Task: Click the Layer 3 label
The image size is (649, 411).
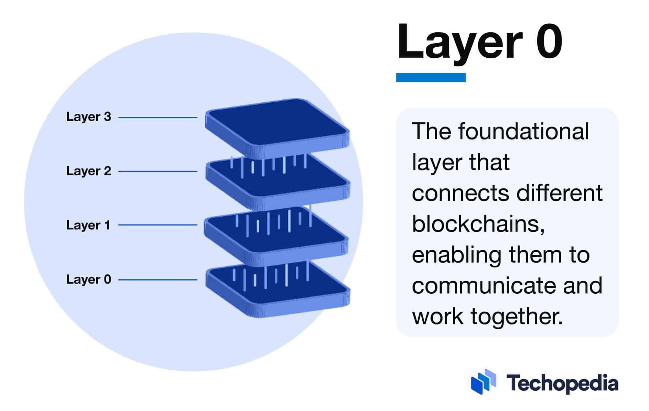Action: tap(88, 117)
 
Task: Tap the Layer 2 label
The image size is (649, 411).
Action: tap(88, 171)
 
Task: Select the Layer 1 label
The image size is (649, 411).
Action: tap(88, 225)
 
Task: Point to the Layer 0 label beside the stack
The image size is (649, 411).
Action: tap(88, 279)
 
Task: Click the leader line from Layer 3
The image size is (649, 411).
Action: tap(158, 117)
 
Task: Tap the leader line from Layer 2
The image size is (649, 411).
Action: tap(158, 171)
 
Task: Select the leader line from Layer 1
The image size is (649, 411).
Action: tap(158, 225)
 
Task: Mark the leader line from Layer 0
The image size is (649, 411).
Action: tap(158, 280)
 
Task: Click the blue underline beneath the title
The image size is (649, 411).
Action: tap(430, 77)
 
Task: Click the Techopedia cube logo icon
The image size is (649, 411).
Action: tap(483, 382)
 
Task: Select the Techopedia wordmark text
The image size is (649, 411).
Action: tap(562, 383)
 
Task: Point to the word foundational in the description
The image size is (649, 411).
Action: tap(523, 131)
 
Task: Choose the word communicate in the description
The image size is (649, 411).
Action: tap(484, 285)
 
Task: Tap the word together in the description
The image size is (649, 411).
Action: tap(517, 317)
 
